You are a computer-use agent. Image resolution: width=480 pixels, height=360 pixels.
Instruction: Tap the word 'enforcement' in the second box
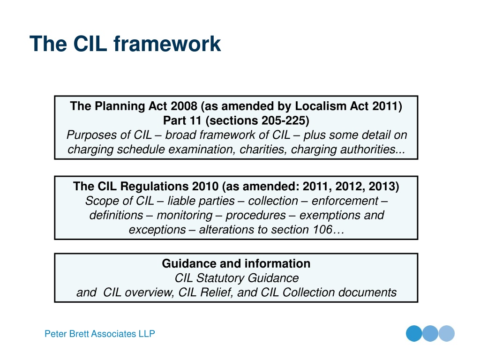[x=345, y=201]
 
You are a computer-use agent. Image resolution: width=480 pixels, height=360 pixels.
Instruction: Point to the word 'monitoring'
[x=184, y=215]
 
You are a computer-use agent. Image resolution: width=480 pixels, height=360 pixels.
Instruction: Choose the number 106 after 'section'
[x=323, y=230]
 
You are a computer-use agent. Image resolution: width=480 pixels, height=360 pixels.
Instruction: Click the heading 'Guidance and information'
[x=236, y=263]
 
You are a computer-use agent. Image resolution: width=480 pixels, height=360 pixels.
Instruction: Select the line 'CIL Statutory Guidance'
[x=236, y=278]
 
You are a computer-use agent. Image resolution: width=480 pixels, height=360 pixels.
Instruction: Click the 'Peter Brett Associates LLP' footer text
[x=100, y=334]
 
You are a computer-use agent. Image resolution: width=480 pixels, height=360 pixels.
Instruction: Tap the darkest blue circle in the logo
[x=414, y=333]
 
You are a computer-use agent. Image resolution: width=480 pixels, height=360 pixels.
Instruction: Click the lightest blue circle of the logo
[x=447, y=333]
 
